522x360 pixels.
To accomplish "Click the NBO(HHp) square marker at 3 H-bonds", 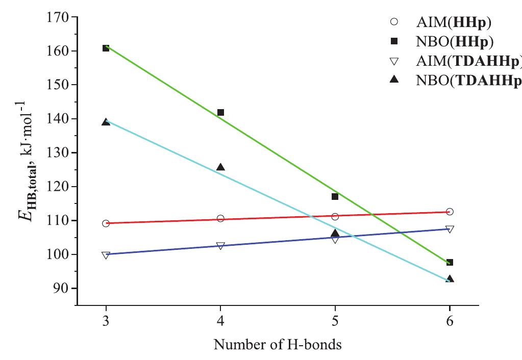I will (106, 48).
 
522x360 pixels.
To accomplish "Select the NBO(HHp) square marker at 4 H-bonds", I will (220, 112).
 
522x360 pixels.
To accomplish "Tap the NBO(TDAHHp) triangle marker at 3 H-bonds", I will (106, 122).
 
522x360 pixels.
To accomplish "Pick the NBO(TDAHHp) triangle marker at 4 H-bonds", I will (220, 167).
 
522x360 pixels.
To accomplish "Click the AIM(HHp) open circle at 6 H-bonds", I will (450, 212).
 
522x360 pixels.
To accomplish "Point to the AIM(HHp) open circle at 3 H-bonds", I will (106, 223).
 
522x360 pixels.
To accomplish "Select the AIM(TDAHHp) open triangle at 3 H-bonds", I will (106, 255).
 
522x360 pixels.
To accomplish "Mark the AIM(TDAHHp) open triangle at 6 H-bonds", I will (450, 229).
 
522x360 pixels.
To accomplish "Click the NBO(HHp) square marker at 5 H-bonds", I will (335, 196).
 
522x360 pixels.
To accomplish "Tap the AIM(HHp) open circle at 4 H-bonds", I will (220, 218).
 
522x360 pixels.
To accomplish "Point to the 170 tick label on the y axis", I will (57, 17).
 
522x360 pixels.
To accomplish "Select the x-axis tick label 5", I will (335, 322).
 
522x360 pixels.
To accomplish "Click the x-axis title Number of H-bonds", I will (277, 345).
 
